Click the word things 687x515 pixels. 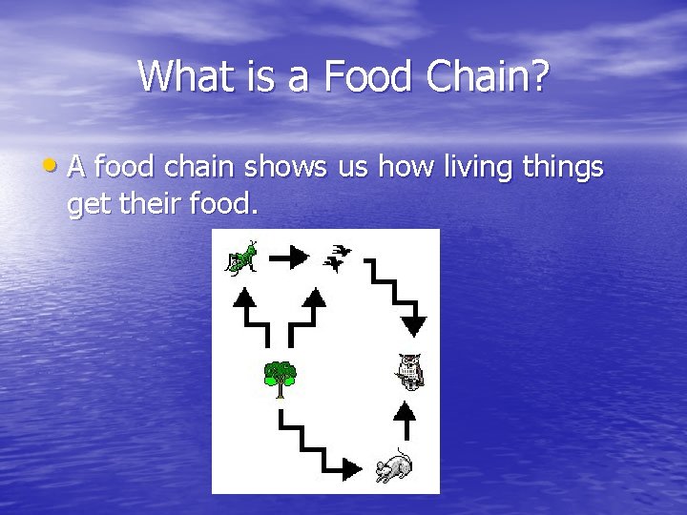[563, 168]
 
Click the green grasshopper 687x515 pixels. [241, 257]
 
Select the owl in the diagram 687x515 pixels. [409, 371]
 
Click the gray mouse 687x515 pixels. [393, 464]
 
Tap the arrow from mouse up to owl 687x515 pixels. [406, 420]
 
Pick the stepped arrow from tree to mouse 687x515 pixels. [320, 444]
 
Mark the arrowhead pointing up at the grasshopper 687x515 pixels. [245, 297]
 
